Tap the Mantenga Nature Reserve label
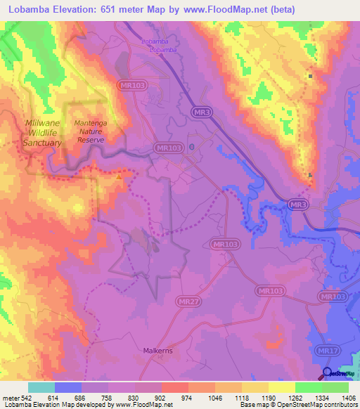[x=91, y=131]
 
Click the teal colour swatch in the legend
[x=41, y=387]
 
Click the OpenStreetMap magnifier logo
[x=328, y=374]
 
